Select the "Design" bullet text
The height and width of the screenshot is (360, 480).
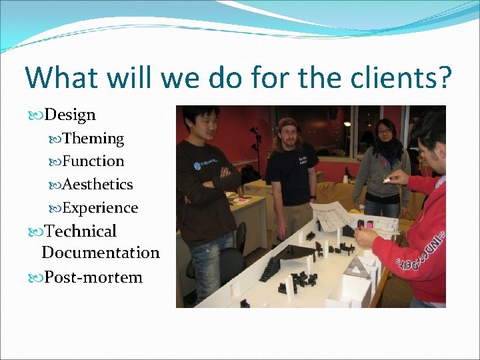tap(70, 115)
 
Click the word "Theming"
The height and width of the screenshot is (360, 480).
tap(93, 139)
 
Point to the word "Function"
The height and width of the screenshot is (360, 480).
tap(93, 161)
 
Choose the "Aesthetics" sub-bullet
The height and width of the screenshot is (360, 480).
tap(97, 184)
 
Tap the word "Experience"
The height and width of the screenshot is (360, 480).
tap(100, 208)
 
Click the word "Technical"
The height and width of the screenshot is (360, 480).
tap(80, 231)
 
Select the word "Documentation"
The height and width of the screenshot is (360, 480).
tap(101, 253)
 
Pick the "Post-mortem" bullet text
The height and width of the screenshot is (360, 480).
tap(93, 277)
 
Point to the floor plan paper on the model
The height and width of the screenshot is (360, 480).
tap(333, 216)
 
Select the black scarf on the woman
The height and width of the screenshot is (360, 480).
tap(387, 149)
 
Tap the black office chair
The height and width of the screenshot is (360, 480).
tap(235, 247)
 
